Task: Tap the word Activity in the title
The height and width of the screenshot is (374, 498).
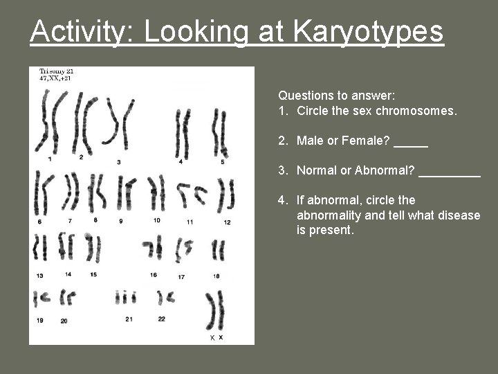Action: (77, 31)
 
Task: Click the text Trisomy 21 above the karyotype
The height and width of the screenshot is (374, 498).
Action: (56, 71)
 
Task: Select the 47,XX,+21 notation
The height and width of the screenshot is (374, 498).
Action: (55, 78)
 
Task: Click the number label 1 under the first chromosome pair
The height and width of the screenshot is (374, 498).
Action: (50, 159)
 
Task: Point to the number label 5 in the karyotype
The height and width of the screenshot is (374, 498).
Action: (222, 161)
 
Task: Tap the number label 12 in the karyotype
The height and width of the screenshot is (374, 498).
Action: (227, 222)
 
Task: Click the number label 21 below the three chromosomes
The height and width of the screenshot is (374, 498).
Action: (129, 319)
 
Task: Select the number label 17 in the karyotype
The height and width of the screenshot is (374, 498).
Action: (181, 277)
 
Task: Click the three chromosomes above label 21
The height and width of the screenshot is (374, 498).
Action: (125, 297)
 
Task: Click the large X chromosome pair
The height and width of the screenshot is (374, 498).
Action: (216, 310)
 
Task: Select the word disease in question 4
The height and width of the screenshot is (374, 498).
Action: (459, 215)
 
